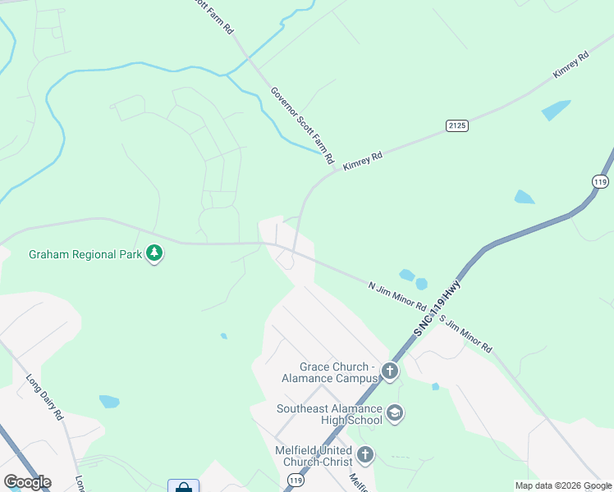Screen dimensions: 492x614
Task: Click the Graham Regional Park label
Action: click(85, 254)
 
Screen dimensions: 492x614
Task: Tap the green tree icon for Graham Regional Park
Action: click(154, 253)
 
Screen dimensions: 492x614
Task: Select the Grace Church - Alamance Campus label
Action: click(337, 372)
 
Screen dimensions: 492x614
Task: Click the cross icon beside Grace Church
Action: click(389, 372)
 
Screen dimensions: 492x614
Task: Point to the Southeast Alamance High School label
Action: click(329, 414)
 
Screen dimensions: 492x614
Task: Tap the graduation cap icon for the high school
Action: click(395, 412)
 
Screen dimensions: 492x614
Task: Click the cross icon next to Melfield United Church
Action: click(364, 453)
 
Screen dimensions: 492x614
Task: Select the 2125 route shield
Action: click(457, 125)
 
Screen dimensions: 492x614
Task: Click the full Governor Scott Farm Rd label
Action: click(302, 123)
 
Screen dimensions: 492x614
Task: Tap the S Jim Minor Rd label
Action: click(465, 335)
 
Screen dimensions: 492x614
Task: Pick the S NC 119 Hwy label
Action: click(438, 308)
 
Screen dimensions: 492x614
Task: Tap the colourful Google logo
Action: click(27, 482)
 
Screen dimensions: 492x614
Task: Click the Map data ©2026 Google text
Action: click(563, 485)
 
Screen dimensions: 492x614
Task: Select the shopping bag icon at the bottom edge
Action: click(183, 486)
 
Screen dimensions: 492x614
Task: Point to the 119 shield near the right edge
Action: click(601, 181)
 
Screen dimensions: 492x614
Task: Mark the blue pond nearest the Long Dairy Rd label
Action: click(109, 402)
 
